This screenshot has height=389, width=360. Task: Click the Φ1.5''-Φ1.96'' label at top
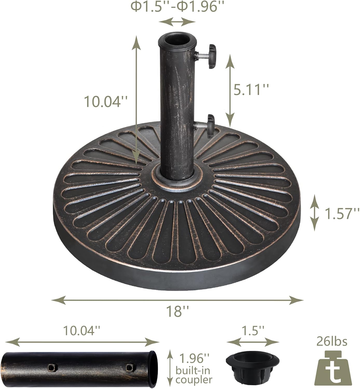coord(177,7)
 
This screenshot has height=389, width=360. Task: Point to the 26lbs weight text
coord(332,342)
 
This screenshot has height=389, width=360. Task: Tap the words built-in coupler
coord(193,375)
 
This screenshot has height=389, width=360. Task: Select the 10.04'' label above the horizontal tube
coord(82,331)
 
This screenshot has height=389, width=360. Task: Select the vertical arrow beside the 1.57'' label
coord(315,213)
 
